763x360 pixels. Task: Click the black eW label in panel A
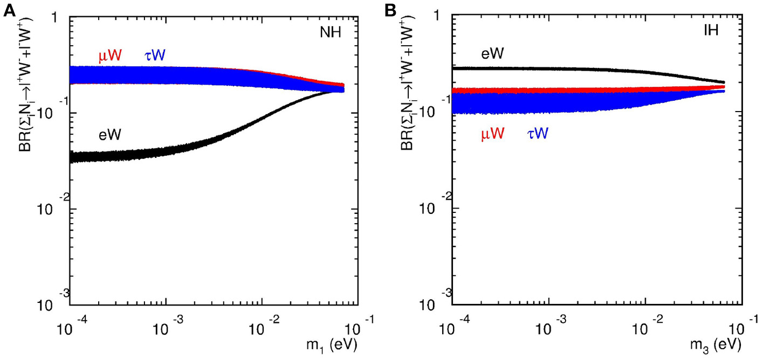[x=111, y=135]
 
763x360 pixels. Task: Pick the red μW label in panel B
[x=492, y=134]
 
